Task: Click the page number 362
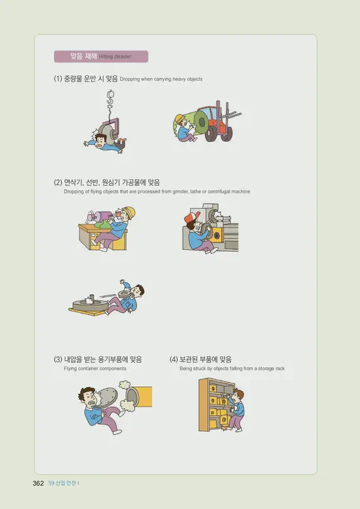(38, 483)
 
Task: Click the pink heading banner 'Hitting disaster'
(101, 56)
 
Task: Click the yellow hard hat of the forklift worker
(179, 119)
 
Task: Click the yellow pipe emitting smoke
(143, 395)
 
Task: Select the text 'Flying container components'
(94, 369)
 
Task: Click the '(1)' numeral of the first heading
(58, 79)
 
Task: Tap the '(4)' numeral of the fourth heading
(174, 359)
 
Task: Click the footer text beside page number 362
(64, 483)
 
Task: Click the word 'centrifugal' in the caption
(217, 192)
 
